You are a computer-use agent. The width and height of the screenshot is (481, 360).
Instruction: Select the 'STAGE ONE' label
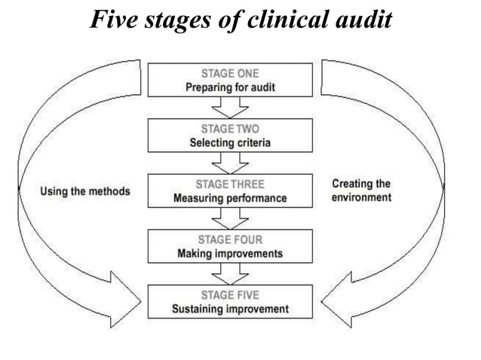point(230,73)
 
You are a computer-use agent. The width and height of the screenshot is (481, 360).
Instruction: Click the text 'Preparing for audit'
point(230,87)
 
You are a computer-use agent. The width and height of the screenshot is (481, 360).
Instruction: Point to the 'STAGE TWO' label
point(230,129)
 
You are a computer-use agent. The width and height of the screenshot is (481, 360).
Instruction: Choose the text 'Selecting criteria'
point(230,143)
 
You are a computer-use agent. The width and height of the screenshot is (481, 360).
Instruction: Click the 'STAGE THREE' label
point(230,185)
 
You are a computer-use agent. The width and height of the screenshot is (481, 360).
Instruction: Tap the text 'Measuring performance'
point(230,199)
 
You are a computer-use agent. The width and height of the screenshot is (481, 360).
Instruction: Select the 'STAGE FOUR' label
point(230,240)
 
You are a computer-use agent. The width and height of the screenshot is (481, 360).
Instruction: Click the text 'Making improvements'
point(230,254)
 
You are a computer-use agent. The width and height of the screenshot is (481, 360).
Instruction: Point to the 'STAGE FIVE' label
point(230,294)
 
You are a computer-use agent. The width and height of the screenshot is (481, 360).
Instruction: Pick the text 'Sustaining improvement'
point(230,309)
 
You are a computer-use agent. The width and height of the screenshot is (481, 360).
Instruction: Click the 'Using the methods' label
point(84,191)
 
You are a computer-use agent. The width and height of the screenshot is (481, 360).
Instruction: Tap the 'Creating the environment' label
point(361,191)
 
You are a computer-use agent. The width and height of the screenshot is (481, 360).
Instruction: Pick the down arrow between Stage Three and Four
point(230,219)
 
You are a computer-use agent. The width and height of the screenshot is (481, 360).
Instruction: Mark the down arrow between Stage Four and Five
point(230,274)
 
